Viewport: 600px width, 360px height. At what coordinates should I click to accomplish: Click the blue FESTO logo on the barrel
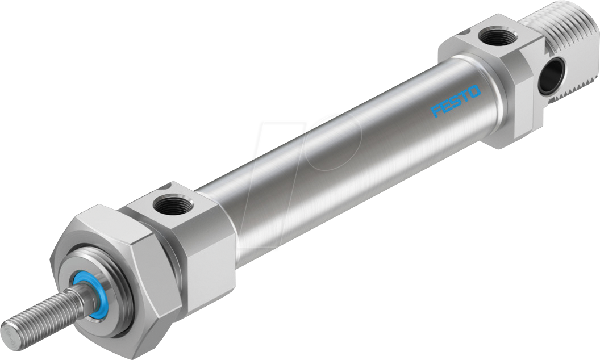tap(456, 101)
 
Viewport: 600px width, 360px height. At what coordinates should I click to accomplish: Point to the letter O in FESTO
tap(475, 91)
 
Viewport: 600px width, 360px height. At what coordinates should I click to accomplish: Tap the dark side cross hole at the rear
tap(551, 75)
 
